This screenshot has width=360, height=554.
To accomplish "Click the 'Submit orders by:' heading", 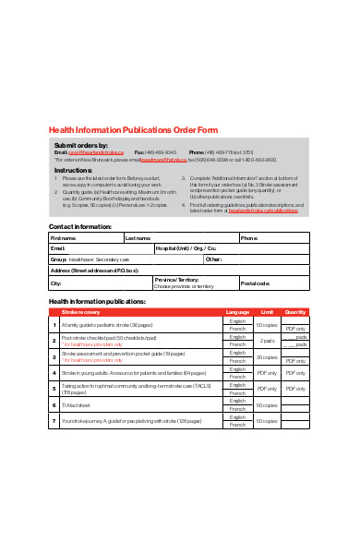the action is [x=81, y=145].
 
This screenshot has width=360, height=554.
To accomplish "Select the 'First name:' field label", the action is [x=64, y=237].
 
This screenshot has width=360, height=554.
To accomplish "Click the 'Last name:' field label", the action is [x=138, y=237].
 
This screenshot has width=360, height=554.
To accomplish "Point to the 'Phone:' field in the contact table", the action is [x=249, y=237].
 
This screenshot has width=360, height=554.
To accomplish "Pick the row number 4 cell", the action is [x=54, y=372].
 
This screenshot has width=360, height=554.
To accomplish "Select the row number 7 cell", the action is [x=54, y=421].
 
